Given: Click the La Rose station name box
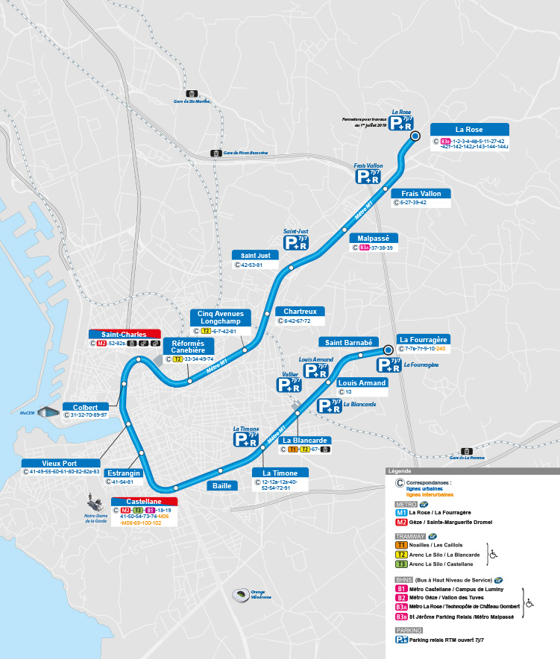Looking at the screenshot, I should point(469,129).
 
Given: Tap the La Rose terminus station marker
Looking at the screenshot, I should point(415,136).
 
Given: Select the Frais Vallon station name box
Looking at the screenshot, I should point(421,194).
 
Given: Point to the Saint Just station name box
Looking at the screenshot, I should point(256,255).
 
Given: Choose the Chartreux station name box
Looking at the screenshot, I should point(300,311).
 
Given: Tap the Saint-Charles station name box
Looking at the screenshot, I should point(125,334).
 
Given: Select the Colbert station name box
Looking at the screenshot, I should point(86,407).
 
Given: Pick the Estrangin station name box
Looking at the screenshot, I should point(123,473).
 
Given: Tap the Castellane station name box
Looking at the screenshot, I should point(144,502).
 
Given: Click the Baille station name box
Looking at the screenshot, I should point(222,485).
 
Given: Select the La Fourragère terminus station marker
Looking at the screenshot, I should point(388,349).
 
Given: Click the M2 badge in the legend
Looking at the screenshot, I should point(401,523).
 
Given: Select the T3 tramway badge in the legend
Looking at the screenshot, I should point(401,564).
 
